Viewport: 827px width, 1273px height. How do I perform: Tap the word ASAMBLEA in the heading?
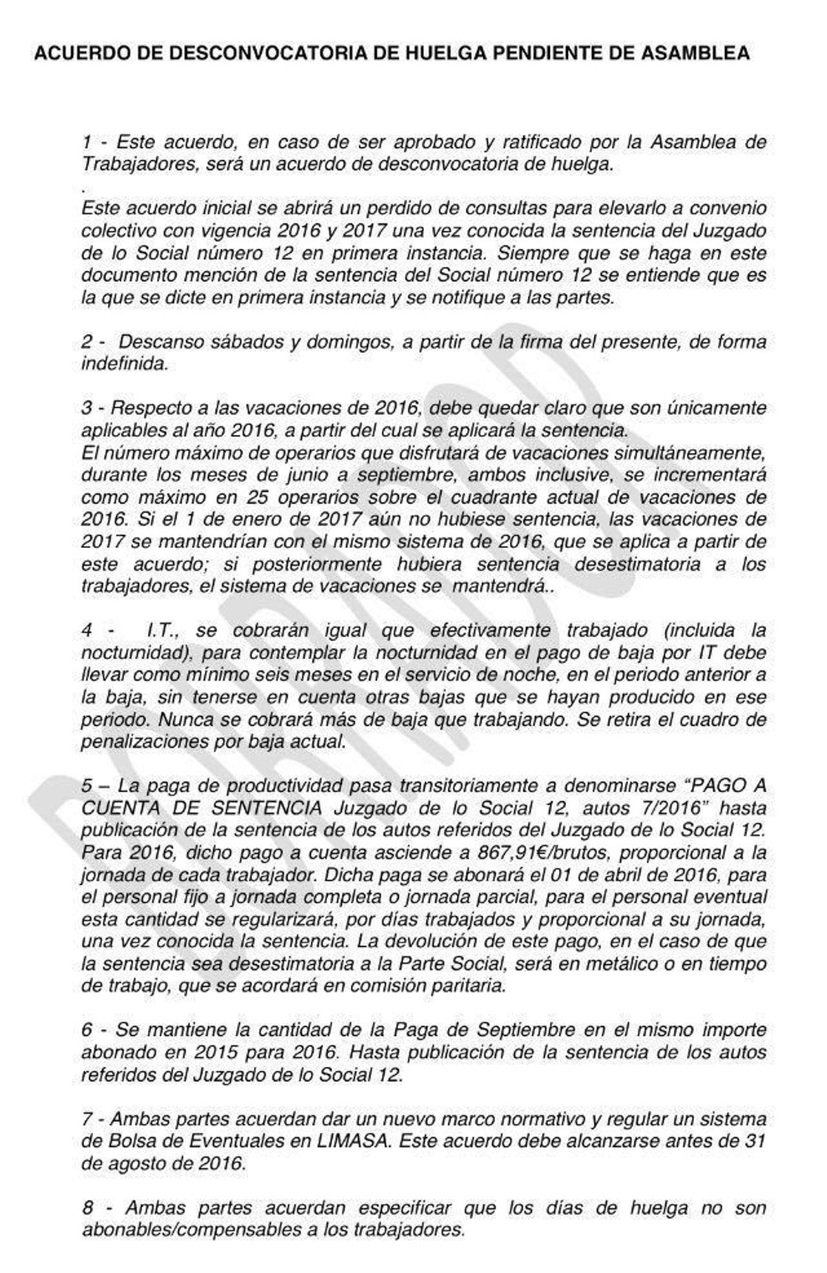(x=695, y=53)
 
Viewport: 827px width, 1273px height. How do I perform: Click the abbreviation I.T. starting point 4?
(x=164, y=630)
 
